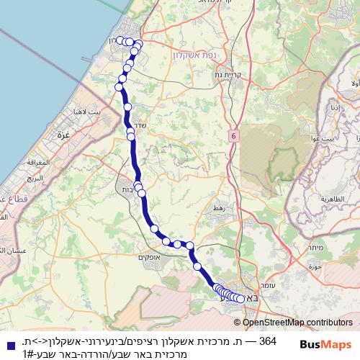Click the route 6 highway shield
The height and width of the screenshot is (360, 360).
[x=234, y=135]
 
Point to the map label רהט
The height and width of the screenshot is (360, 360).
[x=217, y=207]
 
